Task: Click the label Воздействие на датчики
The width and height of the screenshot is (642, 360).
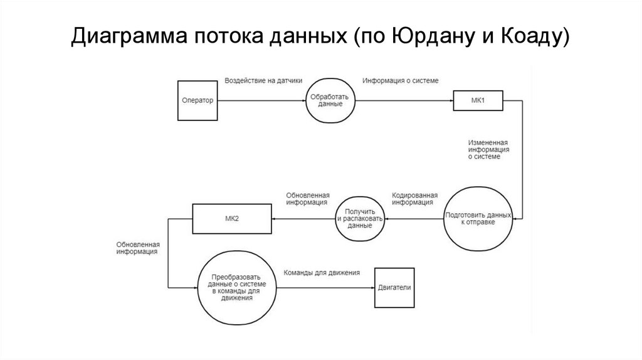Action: coord(263,81)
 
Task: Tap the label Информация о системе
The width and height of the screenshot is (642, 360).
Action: coord(401,81)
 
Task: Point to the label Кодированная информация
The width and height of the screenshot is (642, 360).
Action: coord(415,199)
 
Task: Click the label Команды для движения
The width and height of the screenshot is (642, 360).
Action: coord(322,273)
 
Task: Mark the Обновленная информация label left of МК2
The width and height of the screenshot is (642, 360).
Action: coord(138,248)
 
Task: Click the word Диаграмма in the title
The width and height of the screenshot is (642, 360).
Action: coord(129,36)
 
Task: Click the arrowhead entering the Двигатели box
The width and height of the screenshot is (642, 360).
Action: coord(372,287)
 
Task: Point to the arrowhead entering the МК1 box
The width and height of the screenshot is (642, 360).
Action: coord(451,100)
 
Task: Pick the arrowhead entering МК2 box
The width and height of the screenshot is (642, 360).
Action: coord(275,219)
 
